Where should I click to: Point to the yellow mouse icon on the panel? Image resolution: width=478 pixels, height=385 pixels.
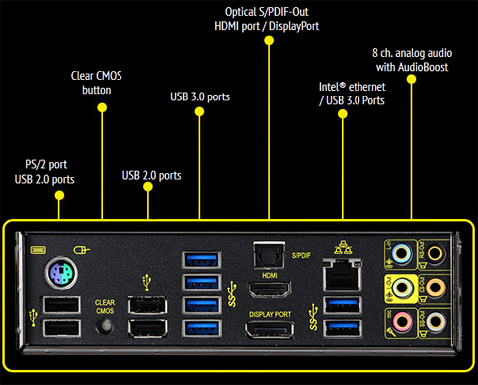coord(83,251)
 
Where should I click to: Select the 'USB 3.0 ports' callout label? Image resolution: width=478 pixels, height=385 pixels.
coord(199,96)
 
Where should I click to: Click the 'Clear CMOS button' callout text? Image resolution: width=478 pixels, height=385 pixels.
coord(103,82)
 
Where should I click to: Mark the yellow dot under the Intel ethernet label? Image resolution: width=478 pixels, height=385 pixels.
coord(343,115)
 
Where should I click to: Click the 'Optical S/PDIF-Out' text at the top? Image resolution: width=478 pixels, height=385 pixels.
coord(270,10)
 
